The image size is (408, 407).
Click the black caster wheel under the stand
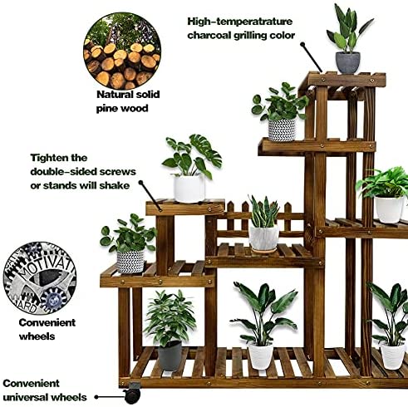[132, 395]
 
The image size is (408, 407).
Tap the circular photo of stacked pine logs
[122, 51]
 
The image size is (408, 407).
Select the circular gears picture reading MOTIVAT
[40, 278]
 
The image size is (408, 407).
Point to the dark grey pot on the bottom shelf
[170, 356]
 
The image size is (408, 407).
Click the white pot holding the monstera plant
[189, 189]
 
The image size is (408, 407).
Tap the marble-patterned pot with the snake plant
[264, 238]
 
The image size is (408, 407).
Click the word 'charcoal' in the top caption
[209, 36]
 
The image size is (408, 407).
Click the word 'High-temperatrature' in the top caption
[240, 22]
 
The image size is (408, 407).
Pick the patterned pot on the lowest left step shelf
[130, 262]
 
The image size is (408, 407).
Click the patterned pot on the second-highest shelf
[282, 130]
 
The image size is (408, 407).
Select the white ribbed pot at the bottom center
[260, 356]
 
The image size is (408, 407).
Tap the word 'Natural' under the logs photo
[114, 95]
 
